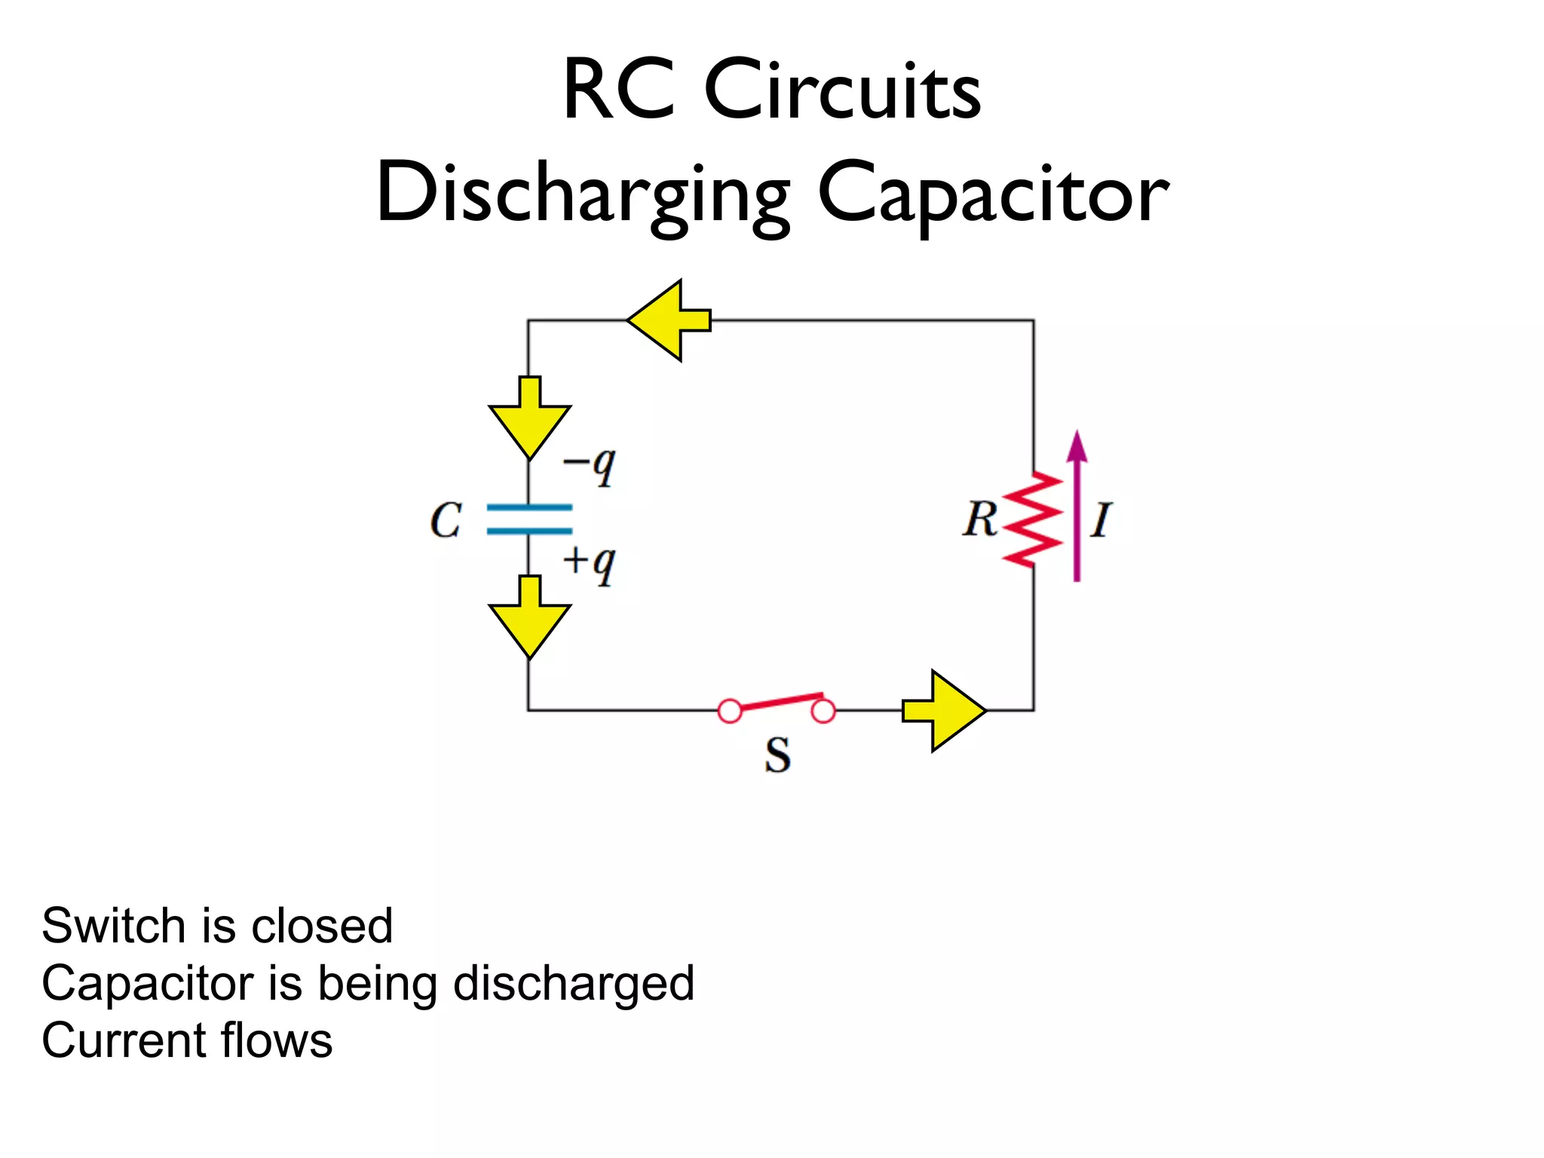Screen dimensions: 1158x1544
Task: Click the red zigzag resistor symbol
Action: tap(1033, 519)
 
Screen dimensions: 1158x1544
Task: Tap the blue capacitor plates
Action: tap(529, 519)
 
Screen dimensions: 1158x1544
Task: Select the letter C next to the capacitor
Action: tap(446, 520)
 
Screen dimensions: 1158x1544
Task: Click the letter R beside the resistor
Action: tap(980, 519)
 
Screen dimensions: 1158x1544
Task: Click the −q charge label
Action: tap(590, 465)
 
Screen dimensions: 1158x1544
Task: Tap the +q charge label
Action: tap(590, 563)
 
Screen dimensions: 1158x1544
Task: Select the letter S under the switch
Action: tap(777, 755)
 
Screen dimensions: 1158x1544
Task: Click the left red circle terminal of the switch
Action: tap(730, 711)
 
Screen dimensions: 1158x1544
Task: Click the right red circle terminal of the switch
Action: tap(823, 711)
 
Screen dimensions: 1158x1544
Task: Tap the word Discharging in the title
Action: tap(583, 195)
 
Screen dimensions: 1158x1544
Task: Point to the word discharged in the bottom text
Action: tap(574, 983)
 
